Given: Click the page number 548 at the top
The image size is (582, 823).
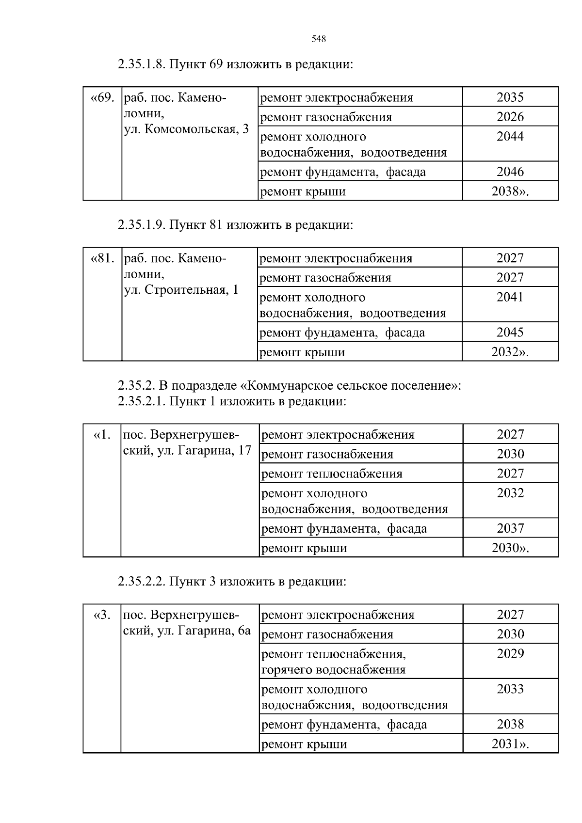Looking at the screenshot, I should pyautogui.click(x=318, y=39).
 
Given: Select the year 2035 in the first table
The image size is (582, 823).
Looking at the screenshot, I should pyautogui.click(x=510, y=97).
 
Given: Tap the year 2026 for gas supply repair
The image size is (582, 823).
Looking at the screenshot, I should pyautogui.click(x=510, y=117).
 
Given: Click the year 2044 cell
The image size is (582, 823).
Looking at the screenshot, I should pyautogui.click(x=510, y=137).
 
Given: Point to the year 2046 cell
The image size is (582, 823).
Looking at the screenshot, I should pyautogui.click(x=510, y=172).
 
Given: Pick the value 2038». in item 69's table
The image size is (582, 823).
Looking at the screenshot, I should pyautogui.click(x=510, y=191).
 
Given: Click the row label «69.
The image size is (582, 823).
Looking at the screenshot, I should pyautogui.click(x=102, y=97).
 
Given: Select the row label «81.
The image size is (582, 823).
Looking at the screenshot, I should pyautogui.click(x=102, y=258).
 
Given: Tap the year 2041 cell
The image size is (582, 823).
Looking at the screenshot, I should pyautogui.click(x=510, y=297).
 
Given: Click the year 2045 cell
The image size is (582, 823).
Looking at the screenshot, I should pyautogui.click(x=510, y=332).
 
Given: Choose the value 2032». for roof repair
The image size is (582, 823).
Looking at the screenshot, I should pyautogui.click(x=510, y=352).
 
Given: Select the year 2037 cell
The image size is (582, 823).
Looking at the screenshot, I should pyautogui.click(x=510, y=528).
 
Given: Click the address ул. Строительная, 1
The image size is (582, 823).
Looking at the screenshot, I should pyautogui.click(x=181, y=290).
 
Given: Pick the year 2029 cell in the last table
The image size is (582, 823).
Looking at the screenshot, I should pyautogui.click(x=510, y=654).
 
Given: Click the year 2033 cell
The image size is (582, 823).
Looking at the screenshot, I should pyautogui.click(x=510, y=689).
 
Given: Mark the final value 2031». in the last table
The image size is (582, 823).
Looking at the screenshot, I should pyautogui.click(x=510, y=744).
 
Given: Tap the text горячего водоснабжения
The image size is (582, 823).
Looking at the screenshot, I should pyautogui.click(x=333, y=670).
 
